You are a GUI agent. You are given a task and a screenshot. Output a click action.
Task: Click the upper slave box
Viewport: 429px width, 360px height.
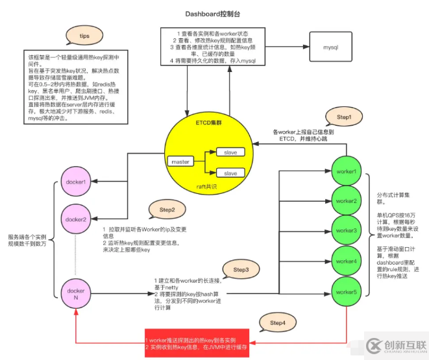[230, 152]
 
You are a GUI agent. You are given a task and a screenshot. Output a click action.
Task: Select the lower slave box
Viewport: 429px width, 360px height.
[230, 174]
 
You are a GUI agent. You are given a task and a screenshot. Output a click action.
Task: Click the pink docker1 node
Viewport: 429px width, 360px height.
[77, 182]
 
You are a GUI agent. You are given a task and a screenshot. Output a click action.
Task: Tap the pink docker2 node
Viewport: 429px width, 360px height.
[77, 219]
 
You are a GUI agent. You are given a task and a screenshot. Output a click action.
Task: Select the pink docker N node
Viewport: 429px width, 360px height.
[77, 294]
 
